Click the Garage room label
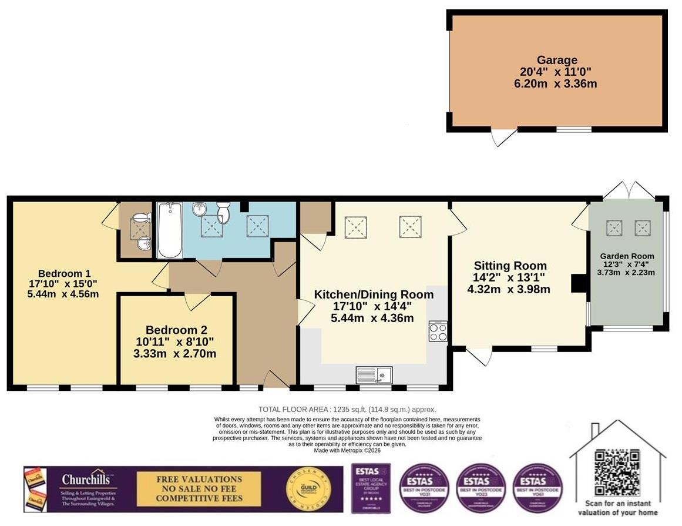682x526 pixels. [x=557, y=60]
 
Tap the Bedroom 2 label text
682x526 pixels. [x=176, y=330]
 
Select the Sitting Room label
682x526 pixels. [x=510, y=266]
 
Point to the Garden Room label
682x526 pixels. [x=627, y=256]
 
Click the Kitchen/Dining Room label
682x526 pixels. [x=374, y=294]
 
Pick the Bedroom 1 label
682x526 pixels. [x=64, y=273]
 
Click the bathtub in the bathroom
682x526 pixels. [x=169, y=230]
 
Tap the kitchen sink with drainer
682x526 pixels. [x=374, y=374]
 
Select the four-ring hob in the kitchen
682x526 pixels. [x=438, y=332]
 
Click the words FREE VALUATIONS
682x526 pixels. [x=199, y=480]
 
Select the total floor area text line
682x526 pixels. [x=347, y=409]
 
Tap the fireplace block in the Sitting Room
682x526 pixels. [x=579, y=283]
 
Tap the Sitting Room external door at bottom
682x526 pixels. [x=479, y=356]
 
